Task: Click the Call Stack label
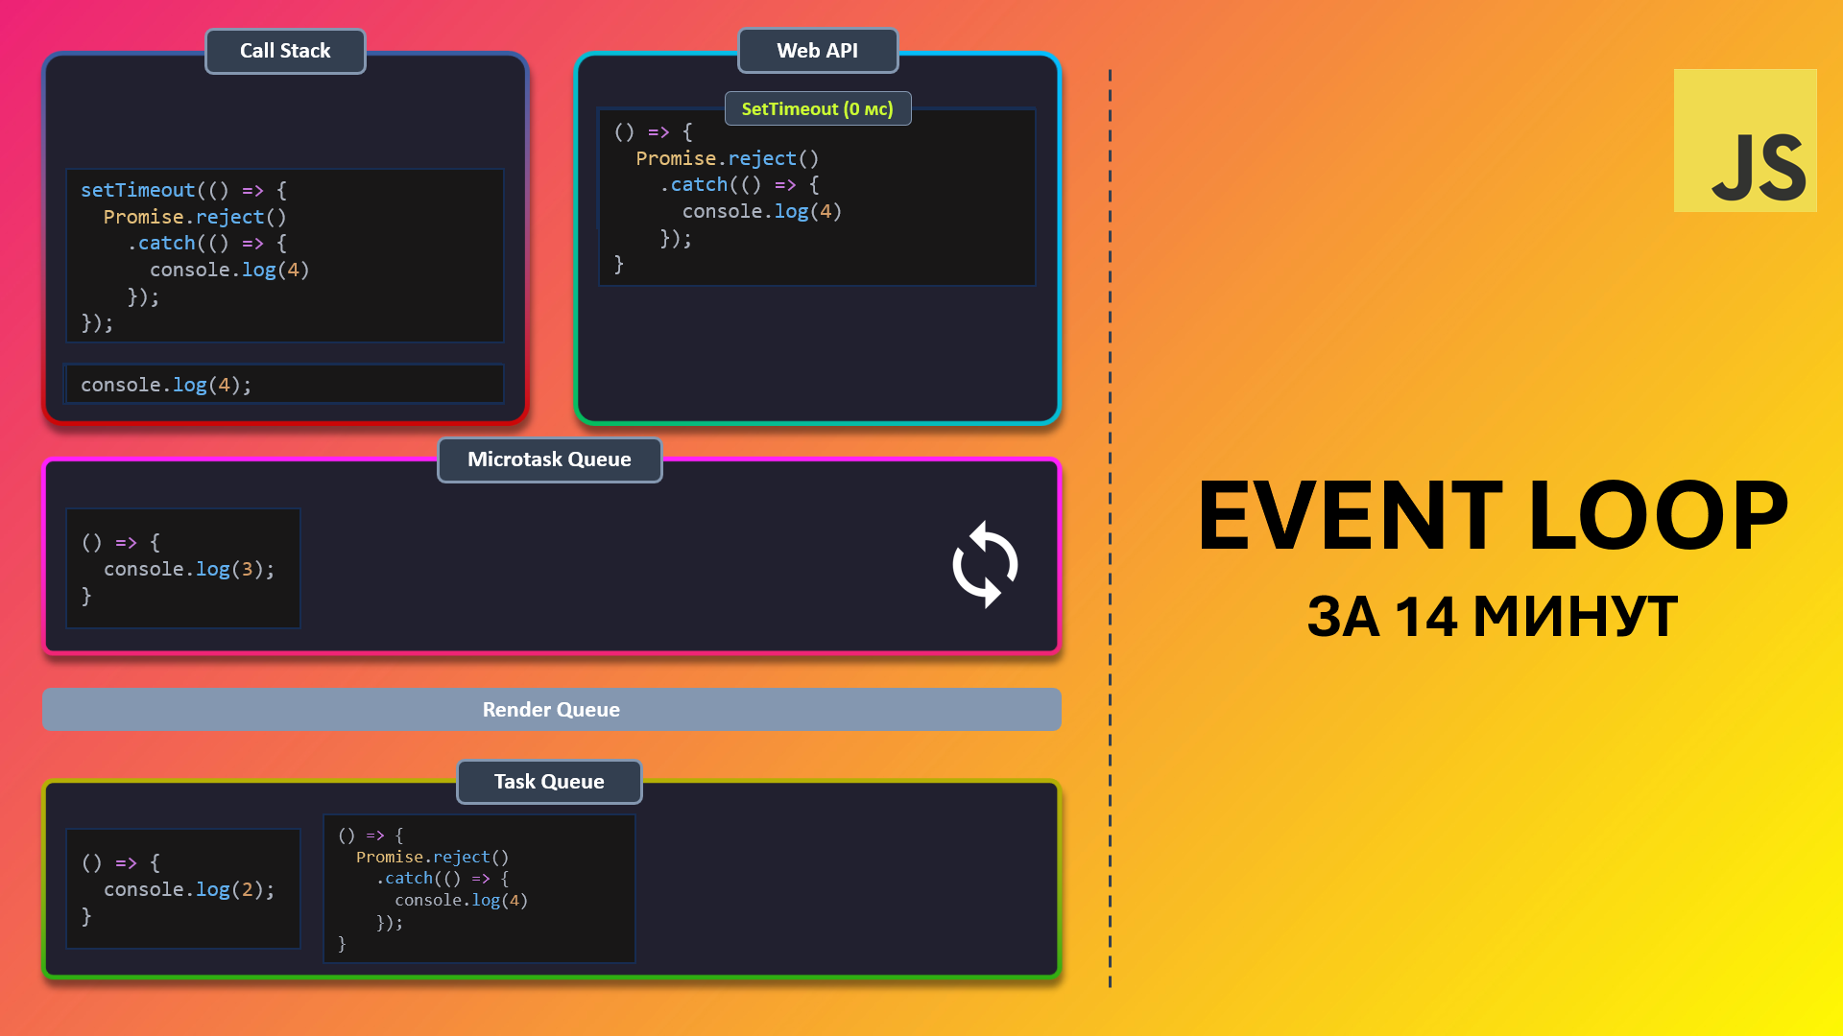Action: pos(285,51)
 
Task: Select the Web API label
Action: pos(818,51)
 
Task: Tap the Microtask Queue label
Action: pos(549,459)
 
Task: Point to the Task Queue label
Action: pos(549,782)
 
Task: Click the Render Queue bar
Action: pos(552,710)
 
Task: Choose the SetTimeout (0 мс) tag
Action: pos(818,108)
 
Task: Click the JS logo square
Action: pos(1745,140)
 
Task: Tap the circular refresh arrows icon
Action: pos(985,564)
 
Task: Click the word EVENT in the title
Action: pos(1350,516)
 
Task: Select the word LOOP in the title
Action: pos(1659,516)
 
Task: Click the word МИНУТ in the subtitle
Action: pos(1575,617)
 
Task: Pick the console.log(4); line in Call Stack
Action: pos(166,385)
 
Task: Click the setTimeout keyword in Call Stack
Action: pos(137,190)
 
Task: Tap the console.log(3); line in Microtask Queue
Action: pos(189,570)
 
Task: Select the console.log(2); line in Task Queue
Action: pos(189,890)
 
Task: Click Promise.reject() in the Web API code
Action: pos(728,158)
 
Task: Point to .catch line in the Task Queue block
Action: pos(443,879)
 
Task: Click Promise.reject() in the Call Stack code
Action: pos(195,217)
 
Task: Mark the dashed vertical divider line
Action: pos(1110,528)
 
